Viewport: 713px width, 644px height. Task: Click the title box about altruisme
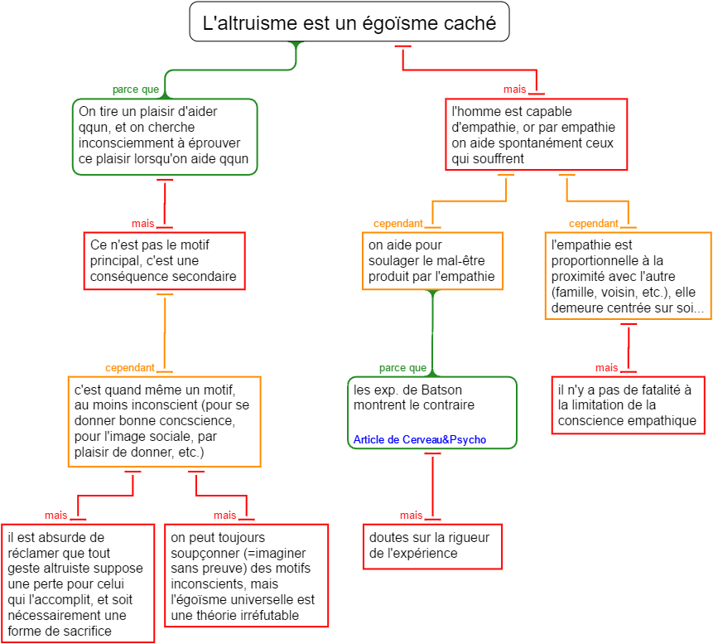(x=349, y=23)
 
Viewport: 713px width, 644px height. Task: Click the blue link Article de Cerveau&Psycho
(x=420, y=439)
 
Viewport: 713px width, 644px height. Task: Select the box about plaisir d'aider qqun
(x=165, y=136)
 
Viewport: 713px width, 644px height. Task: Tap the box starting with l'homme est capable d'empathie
(x=536, y=134)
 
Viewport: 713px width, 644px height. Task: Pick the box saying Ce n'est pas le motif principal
(x=164, y=260)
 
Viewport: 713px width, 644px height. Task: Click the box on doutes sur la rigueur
(x=431, y=545)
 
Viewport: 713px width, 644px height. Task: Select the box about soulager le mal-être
(x=431, y=260)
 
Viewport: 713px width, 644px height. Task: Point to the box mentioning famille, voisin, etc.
(x=627, y=277)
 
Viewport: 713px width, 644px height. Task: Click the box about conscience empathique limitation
(x=627, y=404)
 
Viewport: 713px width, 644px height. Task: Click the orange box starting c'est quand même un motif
(x=164, y=421)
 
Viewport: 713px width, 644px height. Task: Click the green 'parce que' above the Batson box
(x=402, y=368)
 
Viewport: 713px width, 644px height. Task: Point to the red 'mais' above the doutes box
(x=411, y=515)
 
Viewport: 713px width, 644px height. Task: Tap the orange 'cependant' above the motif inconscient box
(x=129, y=367)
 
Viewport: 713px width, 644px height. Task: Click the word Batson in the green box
(x=443, y=390)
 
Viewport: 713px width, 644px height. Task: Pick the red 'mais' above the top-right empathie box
(x=514, y=89)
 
